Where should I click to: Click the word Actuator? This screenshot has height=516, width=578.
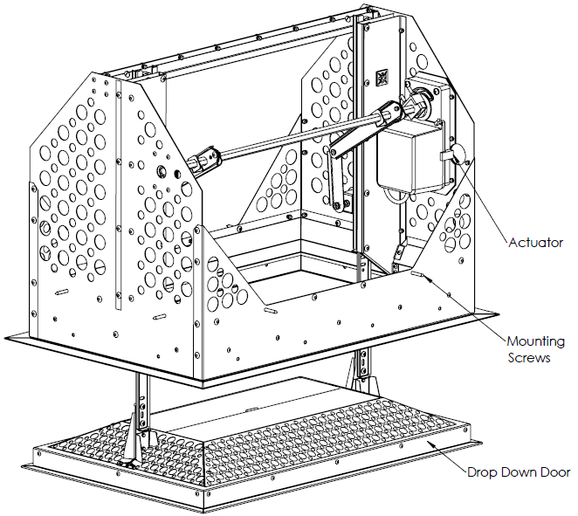(535, 243)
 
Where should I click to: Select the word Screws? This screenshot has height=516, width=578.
(529, 358)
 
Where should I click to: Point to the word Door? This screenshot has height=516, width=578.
(554, 472)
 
